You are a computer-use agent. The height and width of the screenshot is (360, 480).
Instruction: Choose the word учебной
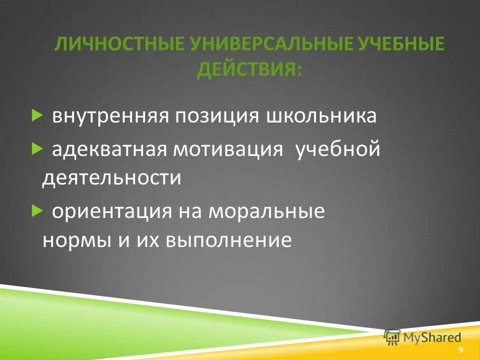coord(338,150)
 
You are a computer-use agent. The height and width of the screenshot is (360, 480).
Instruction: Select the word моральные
coord(267,212)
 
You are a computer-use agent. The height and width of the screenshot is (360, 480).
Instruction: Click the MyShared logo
coord(423,336)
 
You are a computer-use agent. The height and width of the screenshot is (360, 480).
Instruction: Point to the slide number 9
coord(460,349)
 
